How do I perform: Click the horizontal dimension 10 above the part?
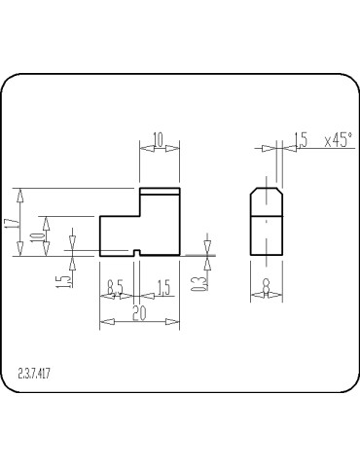[x=159, y=139]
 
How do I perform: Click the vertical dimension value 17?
[x=11, y=222]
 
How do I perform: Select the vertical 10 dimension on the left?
[x=37, y=236]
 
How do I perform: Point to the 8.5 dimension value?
[x=116, y=287]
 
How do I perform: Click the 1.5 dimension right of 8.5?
[x=162, y=287]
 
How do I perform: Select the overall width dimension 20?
[x=139, y=313]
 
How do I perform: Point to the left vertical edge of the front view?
[x=100, y=235]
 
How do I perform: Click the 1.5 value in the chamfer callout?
[x=302, y=140]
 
